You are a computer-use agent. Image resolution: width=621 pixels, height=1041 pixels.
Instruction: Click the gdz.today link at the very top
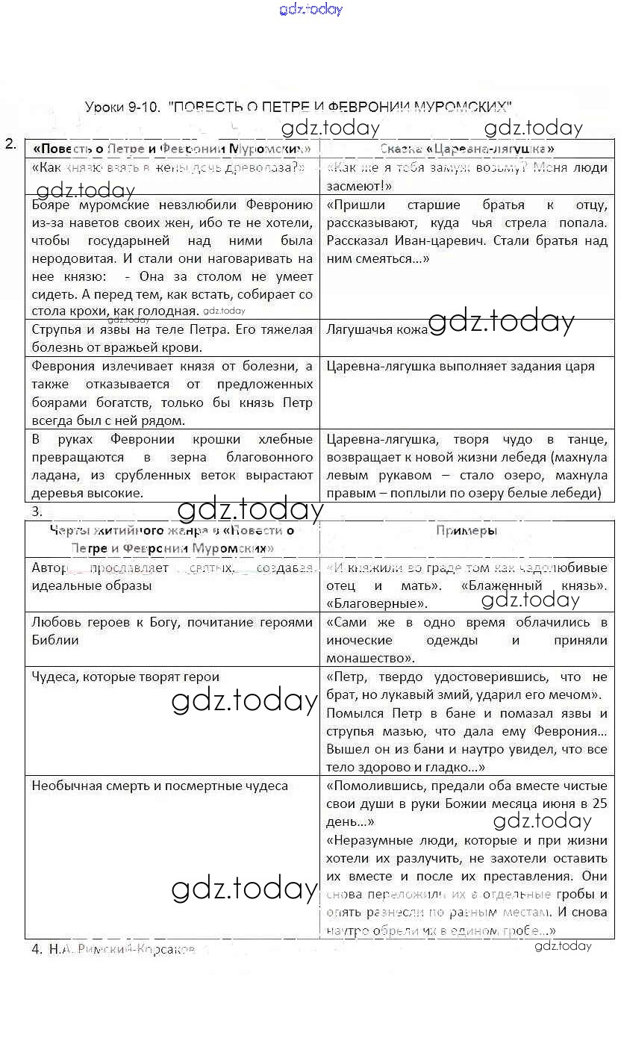pos(310,9)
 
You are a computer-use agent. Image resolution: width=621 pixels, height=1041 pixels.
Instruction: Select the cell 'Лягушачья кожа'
pos(377,329)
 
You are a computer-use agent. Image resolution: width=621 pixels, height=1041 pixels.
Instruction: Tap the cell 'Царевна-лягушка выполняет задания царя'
pos(460,366)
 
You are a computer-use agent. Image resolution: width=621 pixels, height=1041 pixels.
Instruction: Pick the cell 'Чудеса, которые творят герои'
pos(125,677)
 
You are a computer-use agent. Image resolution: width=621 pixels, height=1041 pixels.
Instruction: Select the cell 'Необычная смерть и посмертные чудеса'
pos(160,786)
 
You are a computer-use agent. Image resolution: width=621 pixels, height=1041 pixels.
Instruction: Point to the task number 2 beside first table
pos(10,144)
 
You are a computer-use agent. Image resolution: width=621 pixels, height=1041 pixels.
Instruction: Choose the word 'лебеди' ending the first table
pos(579,493)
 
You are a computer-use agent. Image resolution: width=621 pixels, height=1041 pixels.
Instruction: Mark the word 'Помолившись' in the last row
pos(370,786)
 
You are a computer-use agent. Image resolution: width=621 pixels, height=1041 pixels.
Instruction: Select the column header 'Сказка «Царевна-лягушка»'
pos(466,149)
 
